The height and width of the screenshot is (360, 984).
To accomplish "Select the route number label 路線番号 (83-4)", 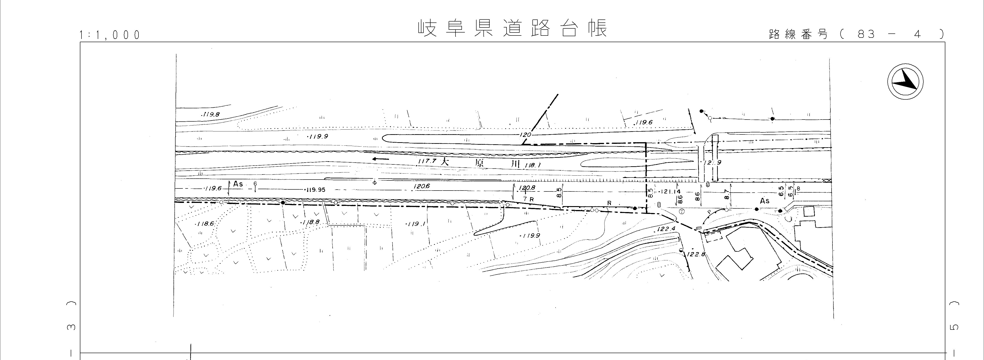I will coord(856,34).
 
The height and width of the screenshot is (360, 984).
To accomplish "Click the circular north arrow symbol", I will coord(905,82).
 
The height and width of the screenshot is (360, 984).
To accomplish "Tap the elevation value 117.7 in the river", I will coord(427,161).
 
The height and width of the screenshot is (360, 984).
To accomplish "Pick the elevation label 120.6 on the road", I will coord(421,186).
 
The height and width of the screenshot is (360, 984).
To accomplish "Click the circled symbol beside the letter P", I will coord(682,211).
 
